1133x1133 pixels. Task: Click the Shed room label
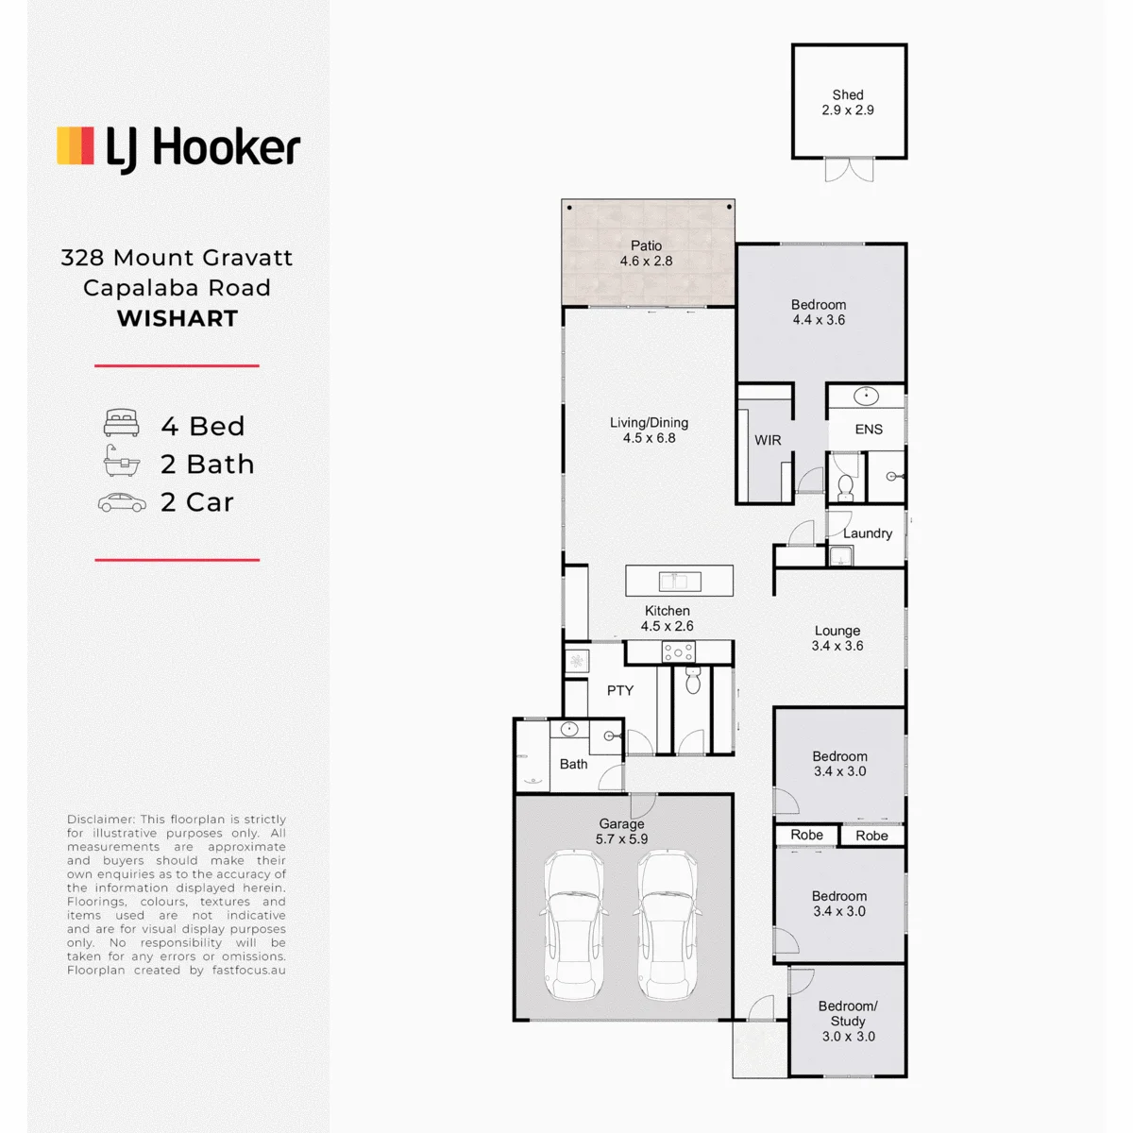(x=847, y=102)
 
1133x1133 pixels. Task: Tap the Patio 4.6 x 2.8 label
(x=646, y=253)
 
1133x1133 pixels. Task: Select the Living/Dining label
(x=649, y=430)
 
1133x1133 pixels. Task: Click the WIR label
(x=768, y=440)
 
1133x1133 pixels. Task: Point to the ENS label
(x=869, y=430)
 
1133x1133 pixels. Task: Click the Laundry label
(x=868, y=533)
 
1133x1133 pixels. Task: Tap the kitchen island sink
(x=680, y=581)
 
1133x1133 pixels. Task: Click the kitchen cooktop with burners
(x=679, y=652)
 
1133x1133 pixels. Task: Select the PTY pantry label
(x=620, y=690)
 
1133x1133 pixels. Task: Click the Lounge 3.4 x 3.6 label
(x=837, y=638)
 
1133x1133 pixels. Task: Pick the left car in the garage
(x=574, y=925)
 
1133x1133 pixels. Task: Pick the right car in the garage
(x=668, y=925)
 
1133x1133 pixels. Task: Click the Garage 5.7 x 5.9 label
(x=621, y=832)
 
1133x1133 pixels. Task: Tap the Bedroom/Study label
(x=848, y=1013)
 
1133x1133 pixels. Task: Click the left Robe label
(x=806, y=835)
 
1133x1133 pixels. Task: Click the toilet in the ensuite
(x=845, y=487)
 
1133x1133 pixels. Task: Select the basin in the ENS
(x=866, y=397)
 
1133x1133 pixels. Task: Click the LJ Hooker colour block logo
(x=76, y=145)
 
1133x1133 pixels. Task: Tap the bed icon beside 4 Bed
(x=121, y=423)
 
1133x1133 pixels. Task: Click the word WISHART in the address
(x=177, y=319)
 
